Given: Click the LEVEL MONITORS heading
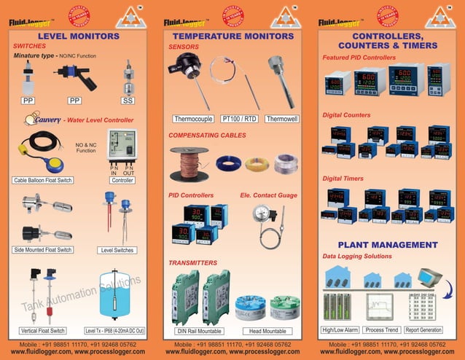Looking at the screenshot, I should tap(78, 35).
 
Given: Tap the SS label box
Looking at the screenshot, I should tap(128, 100).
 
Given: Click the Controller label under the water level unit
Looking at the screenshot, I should tap(122, 179).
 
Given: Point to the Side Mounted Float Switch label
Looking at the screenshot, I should tap(43, 250).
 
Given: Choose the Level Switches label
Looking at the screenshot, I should tap(117, 250).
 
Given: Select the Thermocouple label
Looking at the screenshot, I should tap(192, 118).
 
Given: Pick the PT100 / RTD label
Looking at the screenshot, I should tap(239, 118).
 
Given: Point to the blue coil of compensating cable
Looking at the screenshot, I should tap(229, 163).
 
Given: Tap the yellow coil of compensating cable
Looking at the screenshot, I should tap(257, 163).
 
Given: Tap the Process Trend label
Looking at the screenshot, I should tap(381, 330).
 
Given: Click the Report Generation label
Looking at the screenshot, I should tap(423, 330).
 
